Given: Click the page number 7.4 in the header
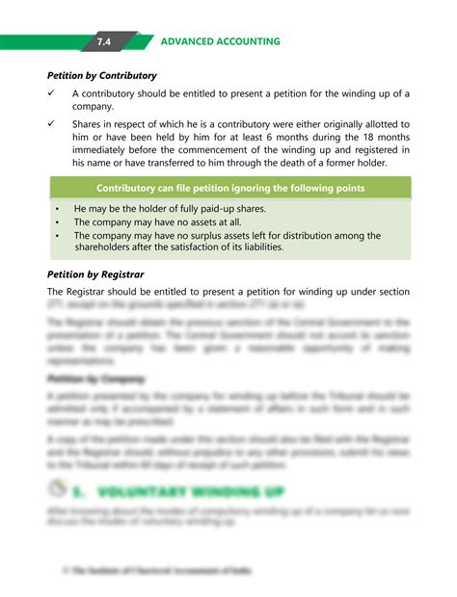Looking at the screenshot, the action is click(103, 42).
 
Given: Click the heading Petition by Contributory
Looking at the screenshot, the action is click(102, 75).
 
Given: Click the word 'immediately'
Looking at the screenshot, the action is click(103, 150).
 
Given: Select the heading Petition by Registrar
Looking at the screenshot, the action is click(95, 274).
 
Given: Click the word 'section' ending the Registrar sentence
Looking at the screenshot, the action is click(391, 292).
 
